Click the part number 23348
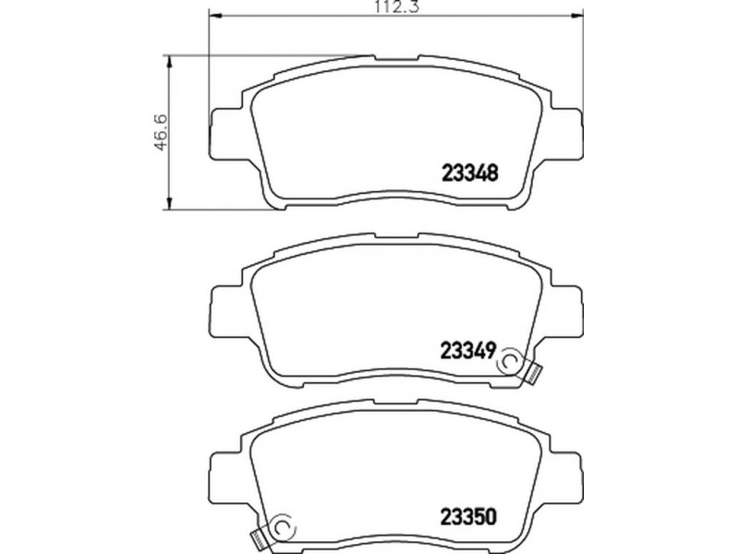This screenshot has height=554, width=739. (470, 174)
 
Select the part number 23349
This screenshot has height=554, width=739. (468, 351)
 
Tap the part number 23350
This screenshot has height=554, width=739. (468, 517)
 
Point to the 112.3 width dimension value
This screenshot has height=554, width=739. (397, 6)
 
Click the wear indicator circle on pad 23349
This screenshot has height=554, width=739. (510, 361)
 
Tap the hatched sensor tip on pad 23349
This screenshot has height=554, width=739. (535, 374)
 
